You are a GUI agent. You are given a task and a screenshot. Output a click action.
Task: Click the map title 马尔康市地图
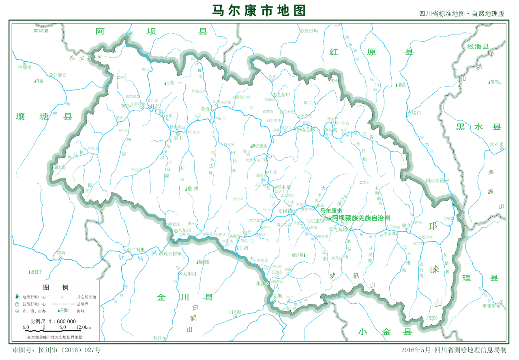(259, 11)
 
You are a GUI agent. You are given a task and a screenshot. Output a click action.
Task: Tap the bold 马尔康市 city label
(331, 211)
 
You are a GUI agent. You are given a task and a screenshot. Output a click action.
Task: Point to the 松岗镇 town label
(285, 211)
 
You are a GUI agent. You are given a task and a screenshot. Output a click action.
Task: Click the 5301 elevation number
(433, 319)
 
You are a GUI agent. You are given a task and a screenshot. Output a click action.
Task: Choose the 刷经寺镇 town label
(435, 180)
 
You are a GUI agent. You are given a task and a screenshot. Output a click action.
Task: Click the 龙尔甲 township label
(283, 95)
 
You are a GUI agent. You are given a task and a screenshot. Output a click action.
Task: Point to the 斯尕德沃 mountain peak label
(259, 146)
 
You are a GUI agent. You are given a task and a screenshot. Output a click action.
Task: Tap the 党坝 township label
(277, 296)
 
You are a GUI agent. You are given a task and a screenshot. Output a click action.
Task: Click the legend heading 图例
(56, 287)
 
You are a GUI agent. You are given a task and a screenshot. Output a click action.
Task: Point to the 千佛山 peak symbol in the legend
(64, 311)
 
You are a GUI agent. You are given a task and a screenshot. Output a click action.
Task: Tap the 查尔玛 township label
(311, 31)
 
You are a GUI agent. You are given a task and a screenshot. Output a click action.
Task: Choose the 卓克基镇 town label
(338, 229)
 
